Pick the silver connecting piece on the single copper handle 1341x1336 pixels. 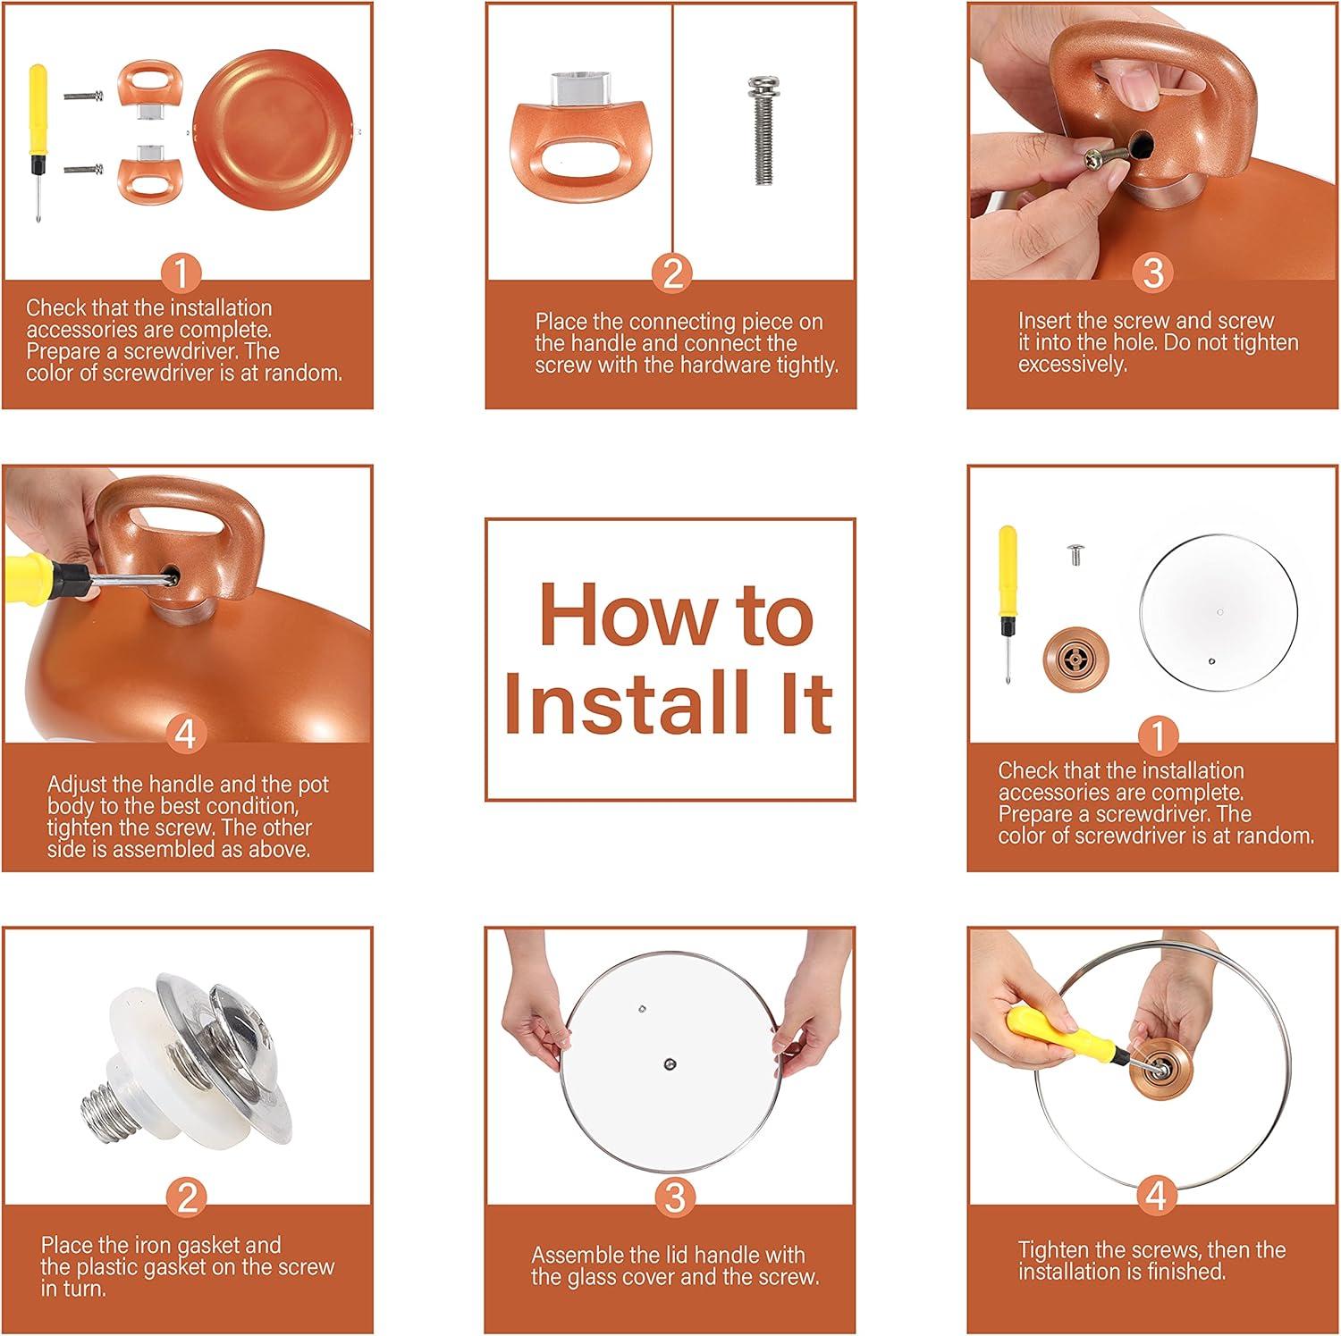click(x=581, y=88)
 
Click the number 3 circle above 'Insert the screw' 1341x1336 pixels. click(x=1153, y=272)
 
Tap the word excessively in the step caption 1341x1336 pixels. click(x=1072, y=365)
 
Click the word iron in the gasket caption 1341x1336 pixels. click(x=150, y=1245)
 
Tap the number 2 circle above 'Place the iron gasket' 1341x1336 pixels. click(x=187, y=1197)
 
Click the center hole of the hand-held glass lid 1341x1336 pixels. click(x=670, y=1063)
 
